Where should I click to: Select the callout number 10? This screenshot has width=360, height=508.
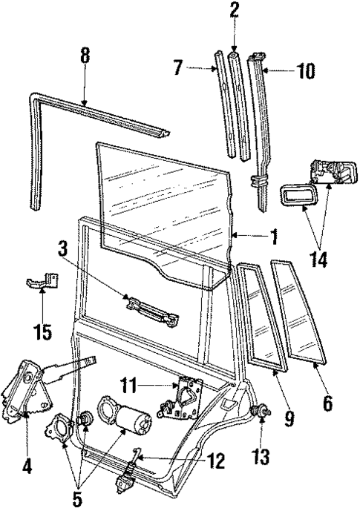305,71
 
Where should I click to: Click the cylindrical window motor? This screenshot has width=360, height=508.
131,426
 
